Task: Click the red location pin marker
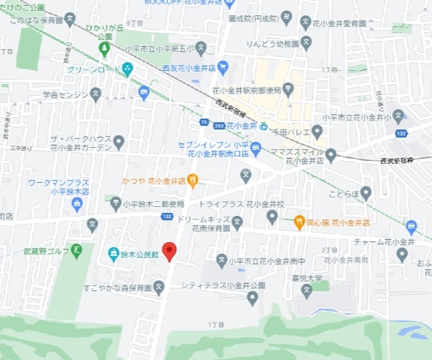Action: tap(170, 251)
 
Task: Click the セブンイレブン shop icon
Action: tap(256, 149)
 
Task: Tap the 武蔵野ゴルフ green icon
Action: tap(77, 252)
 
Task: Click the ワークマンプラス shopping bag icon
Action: tap(77, 203)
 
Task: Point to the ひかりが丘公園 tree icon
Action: tap(105, 49)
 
